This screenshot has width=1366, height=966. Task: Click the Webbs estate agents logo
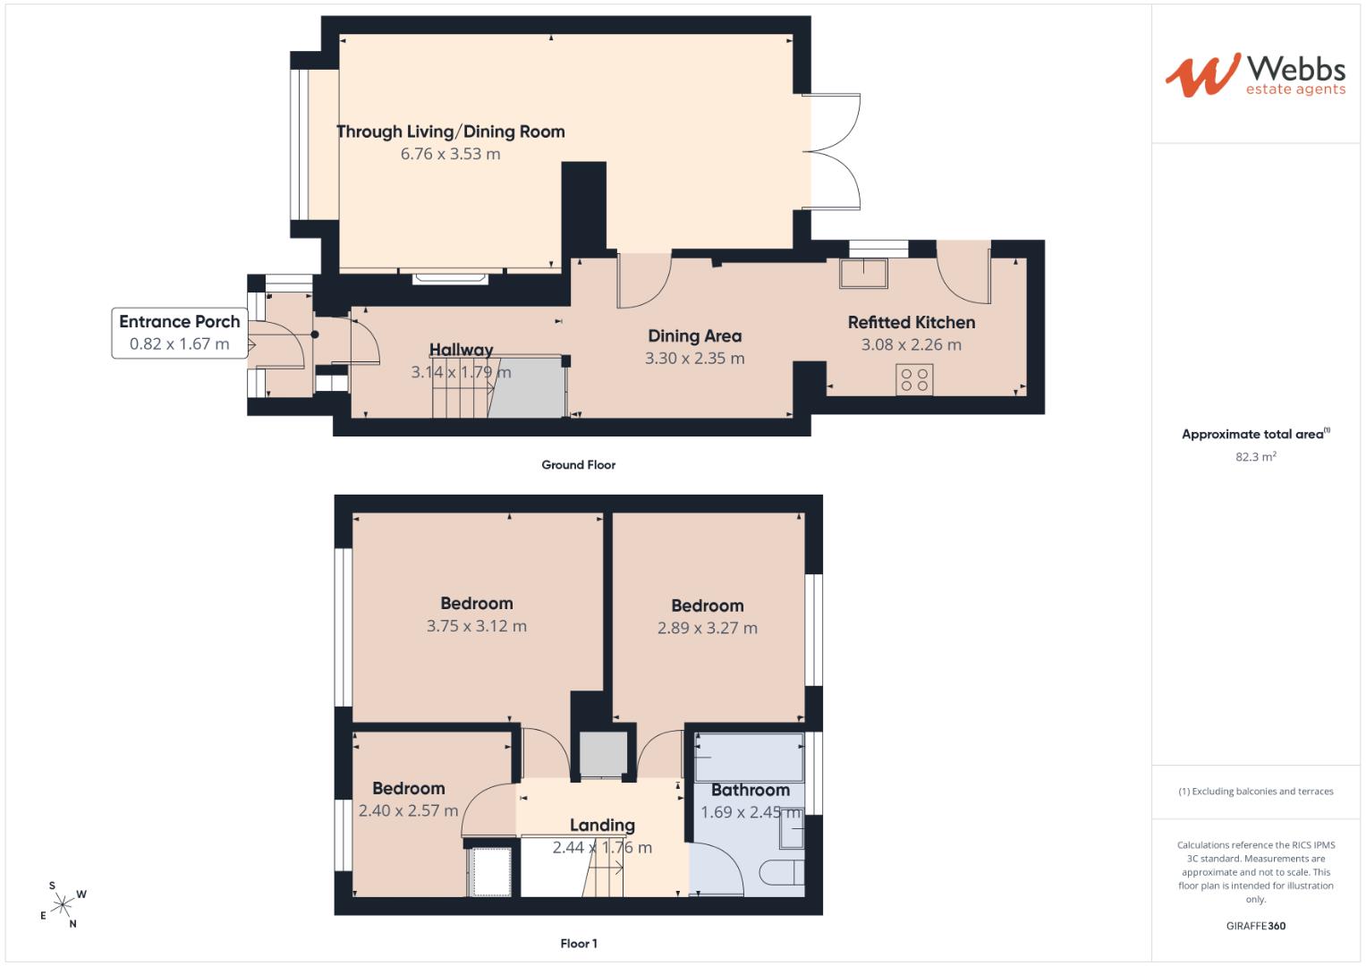[1255, 75]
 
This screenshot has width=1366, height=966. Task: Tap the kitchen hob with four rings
[914, 379]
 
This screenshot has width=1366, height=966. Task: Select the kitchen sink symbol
[863, 273]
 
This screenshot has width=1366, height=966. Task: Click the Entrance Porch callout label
[179, 333]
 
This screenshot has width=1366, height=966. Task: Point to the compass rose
[63, 904]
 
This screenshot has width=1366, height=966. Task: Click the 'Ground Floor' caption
[578, 465]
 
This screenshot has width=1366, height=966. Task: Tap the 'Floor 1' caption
[579, 944]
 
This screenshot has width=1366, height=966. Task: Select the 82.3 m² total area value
[1256, 456]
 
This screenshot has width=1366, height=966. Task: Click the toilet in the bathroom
[782, 873]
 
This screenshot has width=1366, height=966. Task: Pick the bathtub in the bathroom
[750, 757]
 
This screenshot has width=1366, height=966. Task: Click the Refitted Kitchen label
[911, 322]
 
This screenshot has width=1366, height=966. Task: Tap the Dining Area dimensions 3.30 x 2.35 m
[694, 358]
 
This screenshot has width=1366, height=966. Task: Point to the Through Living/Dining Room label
[451, 131]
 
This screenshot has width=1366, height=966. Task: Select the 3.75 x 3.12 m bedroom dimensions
[476, 626]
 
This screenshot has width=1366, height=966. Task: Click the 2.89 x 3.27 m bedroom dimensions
[708, 628]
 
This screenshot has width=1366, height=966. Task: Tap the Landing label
[603, 825]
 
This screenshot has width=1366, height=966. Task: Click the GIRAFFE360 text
[1256, 926]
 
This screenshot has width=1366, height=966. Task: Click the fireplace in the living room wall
[450, 278]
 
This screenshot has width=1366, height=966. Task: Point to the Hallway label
[461, 350]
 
